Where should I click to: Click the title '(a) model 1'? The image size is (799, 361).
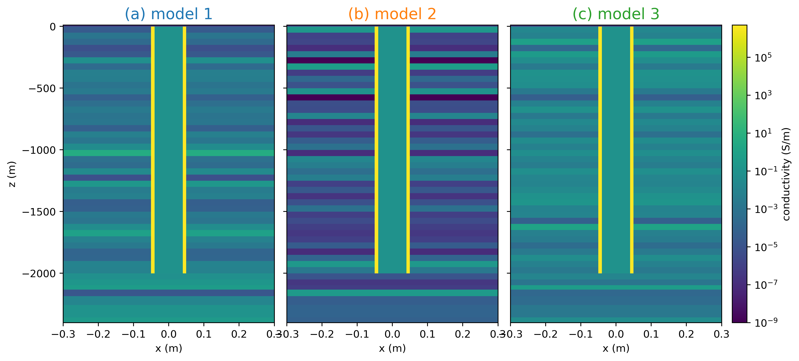[168, 14]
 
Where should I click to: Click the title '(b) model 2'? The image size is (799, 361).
[392, 14]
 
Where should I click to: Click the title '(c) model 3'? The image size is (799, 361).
[616, 14]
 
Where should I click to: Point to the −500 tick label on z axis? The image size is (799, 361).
[42, 89]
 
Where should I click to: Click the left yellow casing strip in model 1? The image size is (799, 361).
[153, 149]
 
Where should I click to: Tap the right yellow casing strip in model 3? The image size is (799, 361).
[632, 149]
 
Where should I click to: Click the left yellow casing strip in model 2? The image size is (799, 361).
[376, 149]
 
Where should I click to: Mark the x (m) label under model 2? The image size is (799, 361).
[392, 348]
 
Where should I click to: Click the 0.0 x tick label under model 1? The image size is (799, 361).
[168, 334]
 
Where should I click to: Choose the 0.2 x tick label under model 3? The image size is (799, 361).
[686, 334]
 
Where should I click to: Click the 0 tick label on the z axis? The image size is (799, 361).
[53, 27]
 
